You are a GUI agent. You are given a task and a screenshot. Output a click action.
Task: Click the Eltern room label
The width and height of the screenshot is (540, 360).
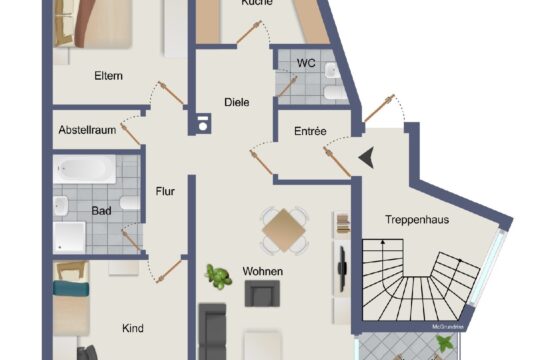point(108,75)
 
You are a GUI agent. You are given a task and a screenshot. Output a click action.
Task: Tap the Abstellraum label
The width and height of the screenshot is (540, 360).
point(88,130)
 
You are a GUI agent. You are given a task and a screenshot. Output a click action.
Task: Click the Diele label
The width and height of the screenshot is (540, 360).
point(237,101)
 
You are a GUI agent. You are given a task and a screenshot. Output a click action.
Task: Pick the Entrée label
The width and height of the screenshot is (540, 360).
point(311,131)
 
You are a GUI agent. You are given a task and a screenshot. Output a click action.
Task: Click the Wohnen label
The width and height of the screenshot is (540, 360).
point(263,271)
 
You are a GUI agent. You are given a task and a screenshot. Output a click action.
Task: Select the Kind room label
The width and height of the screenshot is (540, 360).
point(132,328)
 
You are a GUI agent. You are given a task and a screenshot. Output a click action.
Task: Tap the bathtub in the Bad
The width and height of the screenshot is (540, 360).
point(86,170)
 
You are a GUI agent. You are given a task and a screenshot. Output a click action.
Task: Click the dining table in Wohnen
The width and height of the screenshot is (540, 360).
point(284,230)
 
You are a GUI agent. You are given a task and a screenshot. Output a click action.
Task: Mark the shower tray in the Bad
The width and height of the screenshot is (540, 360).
point(70,236)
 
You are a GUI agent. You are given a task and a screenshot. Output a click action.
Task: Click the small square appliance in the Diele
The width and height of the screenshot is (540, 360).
point(204,125)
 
